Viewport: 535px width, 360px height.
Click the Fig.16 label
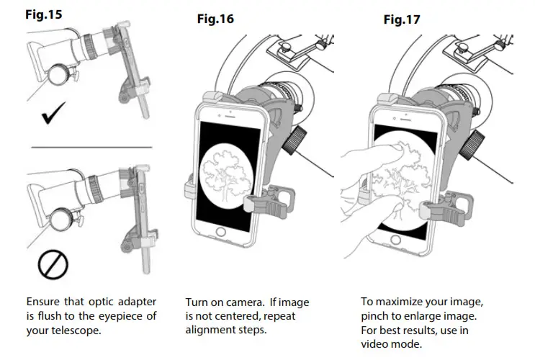215,19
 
